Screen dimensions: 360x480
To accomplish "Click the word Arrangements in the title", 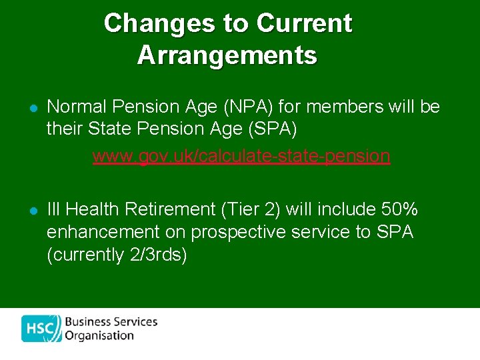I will point(227,55).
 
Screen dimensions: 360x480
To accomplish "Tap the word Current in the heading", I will point(304,23).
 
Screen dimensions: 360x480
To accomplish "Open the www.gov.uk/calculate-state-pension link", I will point(241,156).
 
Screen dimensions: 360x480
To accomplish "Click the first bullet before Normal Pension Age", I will point(31,108).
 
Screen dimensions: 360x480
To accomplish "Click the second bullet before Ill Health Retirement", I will point(31,211).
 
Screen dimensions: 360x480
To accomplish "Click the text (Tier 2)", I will point(253,209).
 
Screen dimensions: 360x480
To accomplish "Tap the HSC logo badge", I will point(41,328).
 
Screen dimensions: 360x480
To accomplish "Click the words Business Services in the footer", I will point(111,321).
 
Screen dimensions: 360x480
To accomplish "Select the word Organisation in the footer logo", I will point(99,335).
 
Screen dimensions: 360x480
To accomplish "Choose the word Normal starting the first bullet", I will point(76,107).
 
